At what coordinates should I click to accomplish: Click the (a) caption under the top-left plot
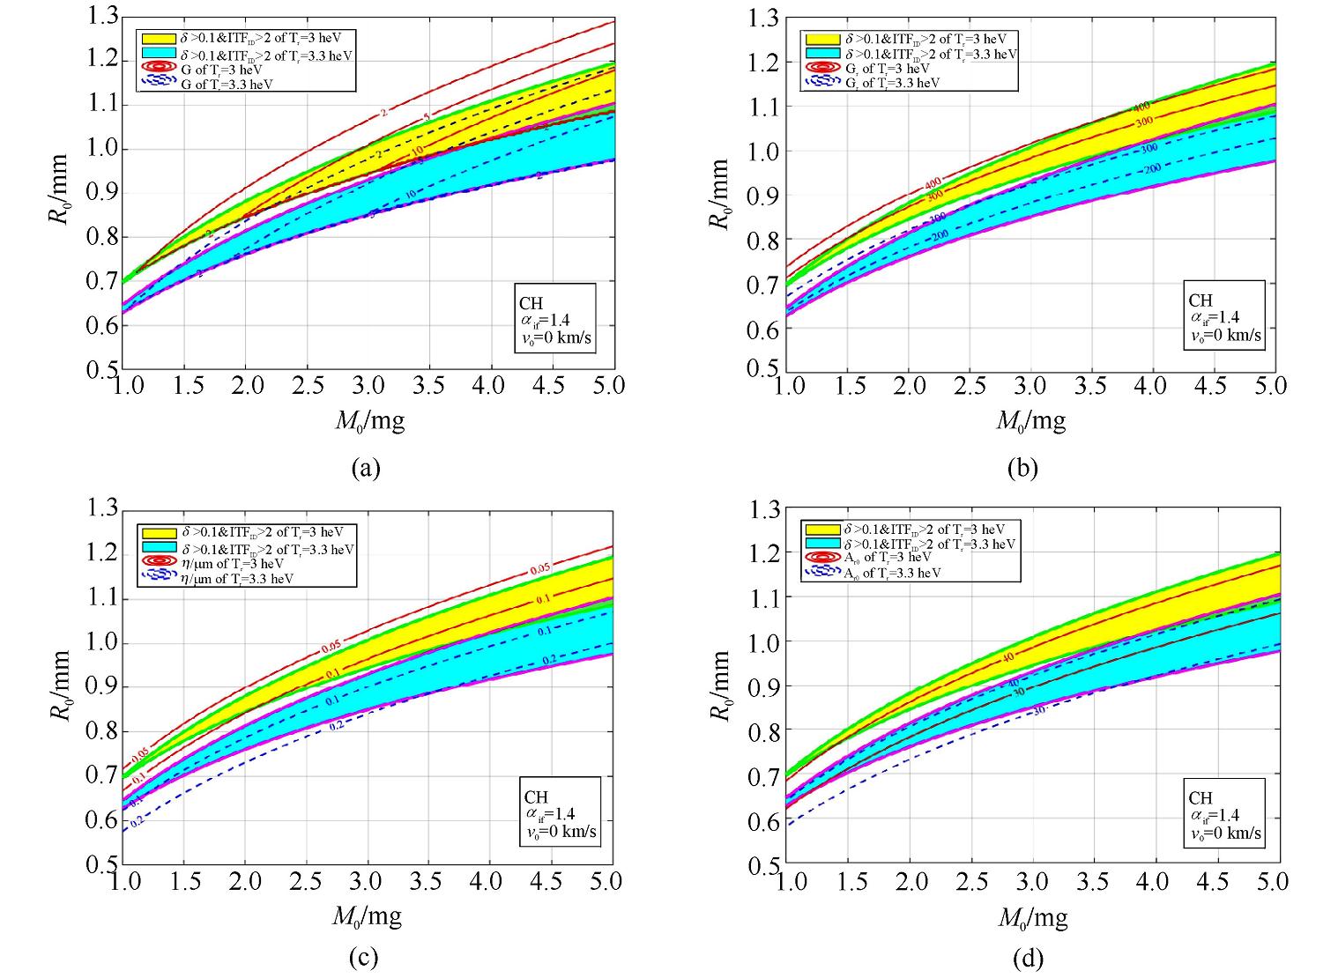click(365, 468)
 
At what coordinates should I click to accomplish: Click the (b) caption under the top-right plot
click(1022, 468)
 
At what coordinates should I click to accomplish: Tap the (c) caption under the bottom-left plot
click(365, 957)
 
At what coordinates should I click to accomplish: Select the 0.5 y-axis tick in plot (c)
click(100, 864)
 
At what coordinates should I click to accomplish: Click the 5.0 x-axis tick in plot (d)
click(1270, 881)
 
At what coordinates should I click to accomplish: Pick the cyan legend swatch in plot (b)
click(821, 54)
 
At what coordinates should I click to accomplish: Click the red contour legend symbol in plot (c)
click(159, 563)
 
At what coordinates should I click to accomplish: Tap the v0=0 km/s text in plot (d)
click(1225, 833)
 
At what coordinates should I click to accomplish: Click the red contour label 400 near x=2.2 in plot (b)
click(933, 184)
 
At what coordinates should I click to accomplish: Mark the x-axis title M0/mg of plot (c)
click(367, 916)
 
